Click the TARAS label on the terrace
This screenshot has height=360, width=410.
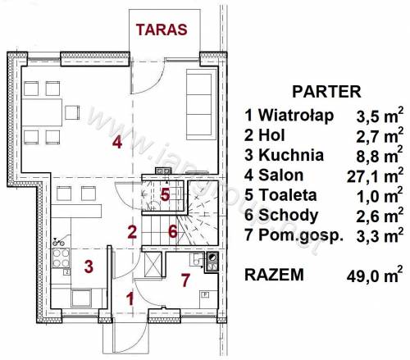point(162,30)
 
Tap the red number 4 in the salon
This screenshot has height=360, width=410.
point(117,143)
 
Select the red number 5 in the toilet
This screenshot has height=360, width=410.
point(165,195)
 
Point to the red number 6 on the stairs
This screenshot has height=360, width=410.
point(173,231)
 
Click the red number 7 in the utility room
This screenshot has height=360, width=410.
point(185,280)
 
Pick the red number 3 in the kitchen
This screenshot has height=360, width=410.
point(89,267)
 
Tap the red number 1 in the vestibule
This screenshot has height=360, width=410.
point(131,298)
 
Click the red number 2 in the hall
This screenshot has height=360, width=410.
point(132,233)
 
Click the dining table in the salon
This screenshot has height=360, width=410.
point(42,112)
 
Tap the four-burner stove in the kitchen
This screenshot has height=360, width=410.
point(61,258)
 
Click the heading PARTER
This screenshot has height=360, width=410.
point(326,92)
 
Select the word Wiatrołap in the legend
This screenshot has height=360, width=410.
point(296,116)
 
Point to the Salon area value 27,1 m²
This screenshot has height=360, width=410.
point(375,175)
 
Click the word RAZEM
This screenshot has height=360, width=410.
point(274,275)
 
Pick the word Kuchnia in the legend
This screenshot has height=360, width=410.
point(291,155)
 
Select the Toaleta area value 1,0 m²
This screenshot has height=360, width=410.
point(380,196)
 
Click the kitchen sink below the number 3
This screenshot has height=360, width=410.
point(81,298)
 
